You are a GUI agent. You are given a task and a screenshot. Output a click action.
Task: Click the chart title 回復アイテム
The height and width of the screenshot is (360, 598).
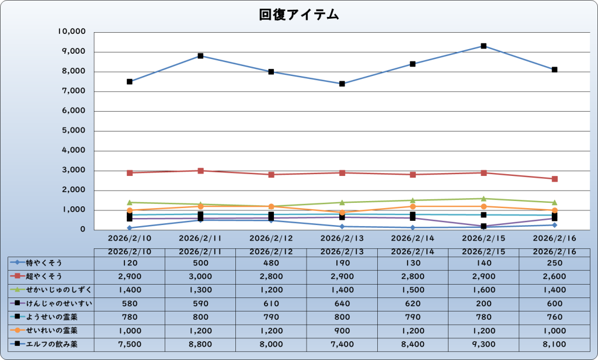click(299, 15)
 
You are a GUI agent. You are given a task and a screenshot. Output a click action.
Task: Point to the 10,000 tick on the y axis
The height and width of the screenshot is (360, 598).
click(73, 32)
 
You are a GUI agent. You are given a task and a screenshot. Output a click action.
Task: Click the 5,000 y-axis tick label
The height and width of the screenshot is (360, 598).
click(75, 131)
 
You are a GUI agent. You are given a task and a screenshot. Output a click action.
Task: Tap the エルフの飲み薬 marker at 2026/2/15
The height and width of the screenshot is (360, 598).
click(484, 46)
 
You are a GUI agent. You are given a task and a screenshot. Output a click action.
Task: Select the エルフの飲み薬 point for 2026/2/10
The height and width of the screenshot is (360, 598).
click(129, 81)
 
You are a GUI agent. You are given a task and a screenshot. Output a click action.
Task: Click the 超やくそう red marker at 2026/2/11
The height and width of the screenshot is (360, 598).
click(200, 171)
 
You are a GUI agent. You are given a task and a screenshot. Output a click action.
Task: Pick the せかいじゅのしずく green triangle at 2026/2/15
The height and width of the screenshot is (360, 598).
click(484, 199)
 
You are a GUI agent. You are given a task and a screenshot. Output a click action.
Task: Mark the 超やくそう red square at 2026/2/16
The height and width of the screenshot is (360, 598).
click(554, 178)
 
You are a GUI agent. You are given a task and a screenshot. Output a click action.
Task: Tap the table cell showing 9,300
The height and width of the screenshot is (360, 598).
click(484, 344)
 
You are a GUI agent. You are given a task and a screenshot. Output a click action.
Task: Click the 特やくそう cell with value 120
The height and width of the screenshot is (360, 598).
click(129, 262)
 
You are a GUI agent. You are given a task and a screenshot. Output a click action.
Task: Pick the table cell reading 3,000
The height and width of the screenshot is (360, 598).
click(200, 276)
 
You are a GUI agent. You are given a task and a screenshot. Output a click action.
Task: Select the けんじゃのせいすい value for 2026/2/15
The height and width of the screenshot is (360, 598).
click(484, 303)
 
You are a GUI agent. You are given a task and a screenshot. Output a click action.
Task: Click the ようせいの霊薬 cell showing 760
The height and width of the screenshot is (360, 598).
click(554, 317)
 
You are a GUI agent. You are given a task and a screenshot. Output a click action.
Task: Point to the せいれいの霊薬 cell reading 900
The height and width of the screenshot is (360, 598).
click(342, 330)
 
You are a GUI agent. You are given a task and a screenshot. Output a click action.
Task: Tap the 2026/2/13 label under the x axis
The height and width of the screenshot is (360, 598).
click(342, 238)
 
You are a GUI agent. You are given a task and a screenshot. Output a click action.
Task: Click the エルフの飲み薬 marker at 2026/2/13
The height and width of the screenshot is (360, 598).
click(342, 84)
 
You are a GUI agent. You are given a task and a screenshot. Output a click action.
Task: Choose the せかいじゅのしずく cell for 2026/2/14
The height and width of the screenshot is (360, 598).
click(413, 289)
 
